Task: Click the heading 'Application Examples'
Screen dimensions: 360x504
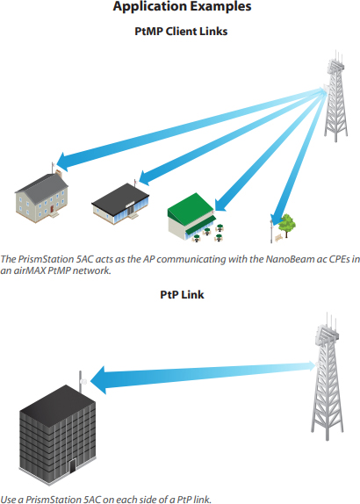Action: [182, 6]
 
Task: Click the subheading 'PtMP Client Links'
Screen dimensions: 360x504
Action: [181, 32]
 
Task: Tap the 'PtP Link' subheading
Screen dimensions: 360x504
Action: [182, 294]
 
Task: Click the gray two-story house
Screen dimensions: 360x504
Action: [41, 195]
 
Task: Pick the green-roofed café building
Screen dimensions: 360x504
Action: [192, 216]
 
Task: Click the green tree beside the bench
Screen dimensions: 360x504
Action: [287, 226]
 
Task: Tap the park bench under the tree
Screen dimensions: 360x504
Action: [278, 238]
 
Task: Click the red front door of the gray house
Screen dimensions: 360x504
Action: [52, 209]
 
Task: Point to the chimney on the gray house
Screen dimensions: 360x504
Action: [59, 174]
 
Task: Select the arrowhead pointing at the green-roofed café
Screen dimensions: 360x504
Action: [220, 205]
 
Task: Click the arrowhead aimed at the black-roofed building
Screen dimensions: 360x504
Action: [145, 177]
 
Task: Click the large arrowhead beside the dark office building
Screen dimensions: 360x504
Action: [98, 380]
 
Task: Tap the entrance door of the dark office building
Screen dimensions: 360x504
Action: [73, 465]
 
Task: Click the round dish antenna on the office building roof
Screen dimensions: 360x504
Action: [84, 382]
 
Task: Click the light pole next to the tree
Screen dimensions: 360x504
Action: [271, 230]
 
